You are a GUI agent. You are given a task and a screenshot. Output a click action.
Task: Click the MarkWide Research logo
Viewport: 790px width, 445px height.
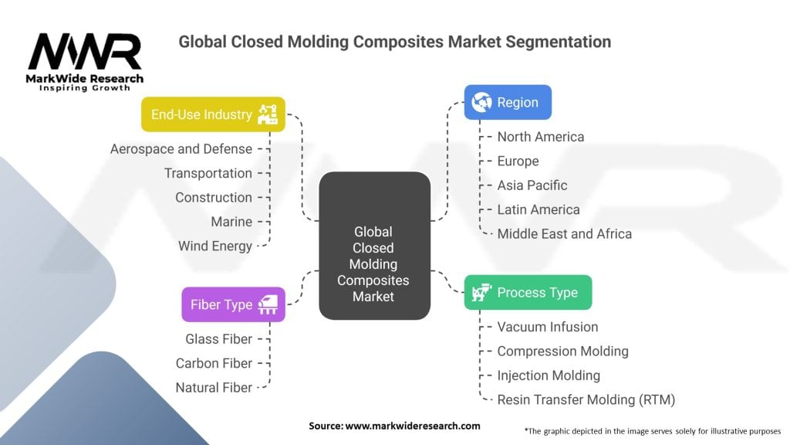(x=85, y=62)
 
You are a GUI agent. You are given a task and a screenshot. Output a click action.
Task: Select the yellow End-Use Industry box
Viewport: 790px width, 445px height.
(x=213, y=114)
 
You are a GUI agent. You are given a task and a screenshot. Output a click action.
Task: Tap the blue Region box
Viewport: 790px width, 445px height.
(x=508, y=102)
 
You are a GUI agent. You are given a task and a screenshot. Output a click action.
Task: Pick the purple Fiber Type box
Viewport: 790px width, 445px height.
(x=233, y=304)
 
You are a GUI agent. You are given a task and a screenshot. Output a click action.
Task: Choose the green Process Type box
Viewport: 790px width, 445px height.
(x=528, y=292)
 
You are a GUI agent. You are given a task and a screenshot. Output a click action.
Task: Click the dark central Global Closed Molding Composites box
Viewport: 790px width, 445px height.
(x=374, y=246)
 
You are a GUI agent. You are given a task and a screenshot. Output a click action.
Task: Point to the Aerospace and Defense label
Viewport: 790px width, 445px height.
(x=181, y=149)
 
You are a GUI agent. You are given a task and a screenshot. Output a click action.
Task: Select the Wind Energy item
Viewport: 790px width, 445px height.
(x=215, y=246)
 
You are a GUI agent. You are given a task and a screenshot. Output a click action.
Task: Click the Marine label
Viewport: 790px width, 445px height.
(x=231, y=222)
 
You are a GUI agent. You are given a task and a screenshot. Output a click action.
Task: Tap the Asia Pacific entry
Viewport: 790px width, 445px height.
(x=532, y=185)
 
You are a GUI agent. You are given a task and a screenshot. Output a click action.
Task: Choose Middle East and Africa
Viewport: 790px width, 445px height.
(x=564, y=233)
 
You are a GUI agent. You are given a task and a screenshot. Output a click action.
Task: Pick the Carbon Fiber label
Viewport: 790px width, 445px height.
(x=214, y=363)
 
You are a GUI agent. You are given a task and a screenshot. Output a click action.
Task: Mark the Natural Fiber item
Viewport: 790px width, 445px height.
(x=214, y=388)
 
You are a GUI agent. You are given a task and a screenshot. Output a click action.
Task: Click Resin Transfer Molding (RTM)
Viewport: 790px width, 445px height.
(x=586, y=399)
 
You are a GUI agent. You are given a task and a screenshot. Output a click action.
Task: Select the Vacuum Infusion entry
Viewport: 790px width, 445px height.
(x=548, y=327)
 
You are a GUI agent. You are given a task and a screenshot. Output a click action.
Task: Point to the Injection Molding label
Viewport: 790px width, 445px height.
(x=549, y=375)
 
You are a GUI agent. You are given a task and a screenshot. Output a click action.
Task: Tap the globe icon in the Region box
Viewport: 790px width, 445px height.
(x=482, y=102)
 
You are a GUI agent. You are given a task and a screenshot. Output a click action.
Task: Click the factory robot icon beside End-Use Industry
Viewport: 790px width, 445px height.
(x=268, y=114)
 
